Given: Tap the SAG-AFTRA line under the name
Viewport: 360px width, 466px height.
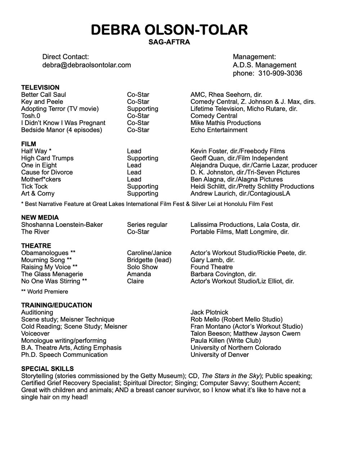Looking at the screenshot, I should tap(169, 42).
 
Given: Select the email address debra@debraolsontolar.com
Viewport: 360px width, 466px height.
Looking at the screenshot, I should tap(86, 65).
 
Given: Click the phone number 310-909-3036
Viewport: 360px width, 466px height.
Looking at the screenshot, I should tap(280, 73).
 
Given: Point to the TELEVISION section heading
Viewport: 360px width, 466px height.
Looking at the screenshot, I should tap(40, 88).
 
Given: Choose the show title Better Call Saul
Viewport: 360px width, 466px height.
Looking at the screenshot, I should tap(44, 95).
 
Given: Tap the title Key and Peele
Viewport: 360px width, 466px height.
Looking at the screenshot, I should tap(42, 102).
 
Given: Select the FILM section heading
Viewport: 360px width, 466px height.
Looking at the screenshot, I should tap(28, 144).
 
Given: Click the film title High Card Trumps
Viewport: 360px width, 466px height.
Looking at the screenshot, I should tap(47, 158).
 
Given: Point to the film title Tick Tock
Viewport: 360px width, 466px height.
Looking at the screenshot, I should tap(34, 187).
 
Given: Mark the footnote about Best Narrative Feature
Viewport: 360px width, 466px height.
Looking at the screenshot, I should tap(147, 204).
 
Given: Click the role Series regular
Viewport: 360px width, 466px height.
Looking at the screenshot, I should tap(147, 225).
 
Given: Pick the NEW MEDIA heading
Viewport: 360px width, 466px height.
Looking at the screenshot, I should tap(40, 218).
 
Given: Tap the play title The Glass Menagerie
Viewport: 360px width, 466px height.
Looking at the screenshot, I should tap(52, 274).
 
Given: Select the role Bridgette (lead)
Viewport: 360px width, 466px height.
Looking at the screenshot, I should tap(149, 260).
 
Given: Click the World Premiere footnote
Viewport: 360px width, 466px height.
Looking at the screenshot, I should tap(45, 292).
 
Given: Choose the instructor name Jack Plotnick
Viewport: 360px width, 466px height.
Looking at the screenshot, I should tap(209, 313).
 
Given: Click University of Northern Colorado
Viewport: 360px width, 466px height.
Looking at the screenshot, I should tap(235, 348).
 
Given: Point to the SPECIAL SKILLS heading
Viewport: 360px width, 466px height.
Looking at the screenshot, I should tap(48, 369).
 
